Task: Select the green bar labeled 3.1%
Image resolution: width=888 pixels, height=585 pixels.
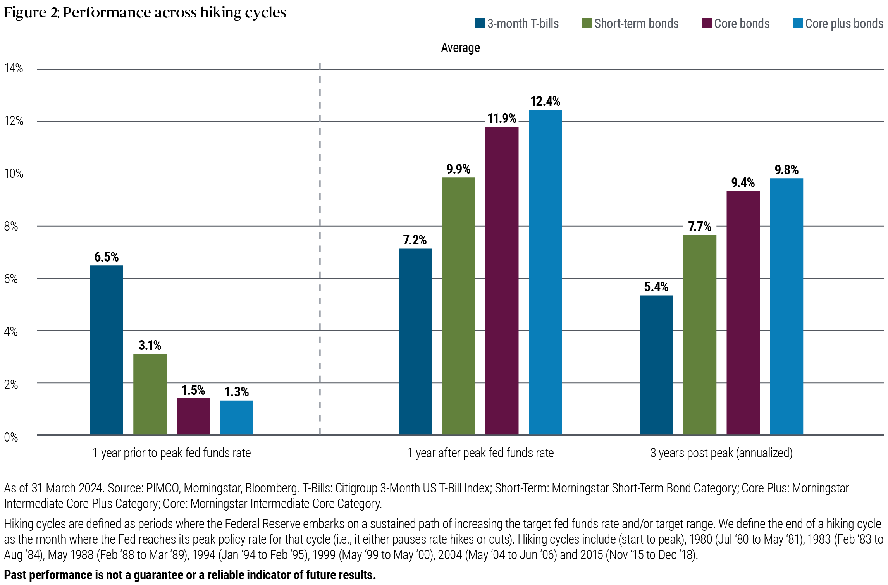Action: [x=150, y=394]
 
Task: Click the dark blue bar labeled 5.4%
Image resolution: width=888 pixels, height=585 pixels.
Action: [x=656, y=365]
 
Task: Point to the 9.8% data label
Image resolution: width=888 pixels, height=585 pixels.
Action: [x=786, y=170]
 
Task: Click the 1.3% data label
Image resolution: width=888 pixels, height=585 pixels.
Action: [x=237, y=392]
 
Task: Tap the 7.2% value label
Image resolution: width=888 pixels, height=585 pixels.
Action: [x=415, y=240]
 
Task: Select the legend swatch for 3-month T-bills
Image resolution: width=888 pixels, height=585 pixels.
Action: [x=480, y=23]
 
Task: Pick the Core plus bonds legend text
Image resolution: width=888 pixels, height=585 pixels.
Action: [x=844, y=24]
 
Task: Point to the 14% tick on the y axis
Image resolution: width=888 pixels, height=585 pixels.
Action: [x=14, y=69]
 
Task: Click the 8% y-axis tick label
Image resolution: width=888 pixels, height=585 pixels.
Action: [x=11, y=226]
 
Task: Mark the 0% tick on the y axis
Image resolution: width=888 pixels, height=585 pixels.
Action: [x=11, y=437]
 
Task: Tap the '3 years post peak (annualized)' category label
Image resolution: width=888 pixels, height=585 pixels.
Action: [x=721, y=453]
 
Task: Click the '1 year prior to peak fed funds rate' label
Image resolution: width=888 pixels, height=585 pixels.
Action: [x=171, y=453]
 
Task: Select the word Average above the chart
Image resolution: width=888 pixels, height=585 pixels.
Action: [x=460, y=48]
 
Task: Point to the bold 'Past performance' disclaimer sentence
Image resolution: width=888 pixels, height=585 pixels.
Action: [x=190, y=575]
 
